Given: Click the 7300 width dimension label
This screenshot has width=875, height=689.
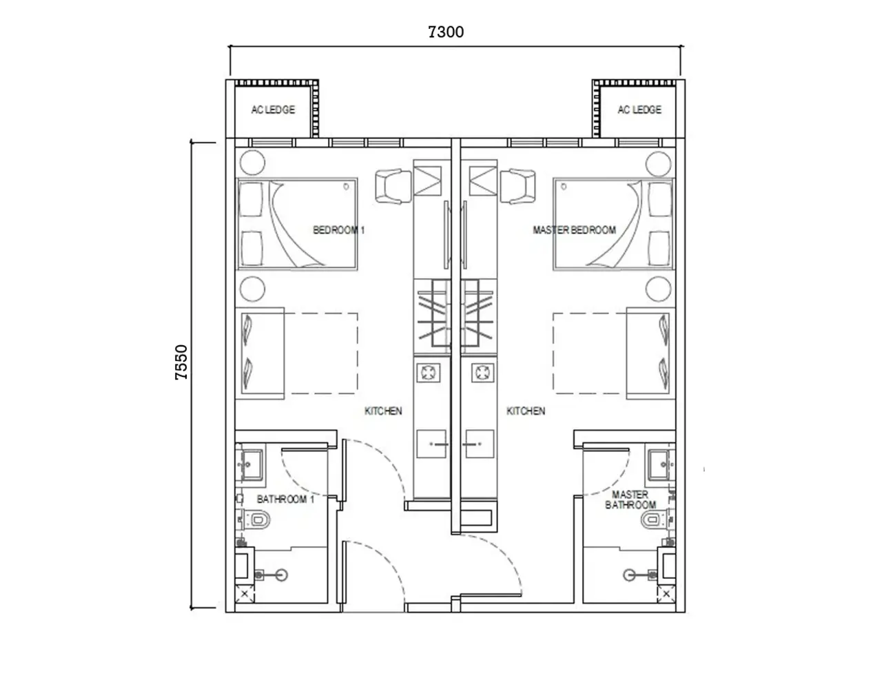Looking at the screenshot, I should (x=446, y=32).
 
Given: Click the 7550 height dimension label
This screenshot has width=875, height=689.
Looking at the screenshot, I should (x=181, y=363).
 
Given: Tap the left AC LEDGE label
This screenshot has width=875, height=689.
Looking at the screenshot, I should (x=273, y=110).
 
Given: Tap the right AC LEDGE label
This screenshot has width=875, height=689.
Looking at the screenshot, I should (x=639, y=110).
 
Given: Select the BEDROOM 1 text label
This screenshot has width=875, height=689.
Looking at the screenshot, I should (x=338, y=230).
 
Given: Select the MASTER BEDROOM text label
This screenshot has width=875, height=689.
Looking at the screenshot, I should (x=574, y=230).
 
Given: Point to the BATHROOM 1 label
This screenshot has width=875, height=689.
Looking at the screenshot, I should (x=285, y=499).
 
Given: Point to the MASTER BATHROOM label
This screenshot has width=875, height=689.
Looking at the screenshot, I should (x=630, y=500).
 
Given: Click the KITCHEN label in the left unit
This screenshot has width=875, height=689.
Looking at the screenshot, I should (x=383, y=411).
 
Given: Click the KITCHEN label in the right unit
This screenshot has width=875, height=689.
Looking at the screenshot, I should (x=526, y=411).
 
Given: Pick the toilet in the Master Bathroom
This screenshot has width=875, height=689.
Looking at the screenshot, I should (x=650, y=520).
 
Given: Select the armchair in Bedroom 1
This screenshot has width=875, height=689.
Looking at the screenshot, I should (x=393, y=186).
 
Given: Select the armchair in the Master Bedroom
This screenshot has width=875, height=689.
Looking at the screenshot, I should (x=517, y=186).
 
